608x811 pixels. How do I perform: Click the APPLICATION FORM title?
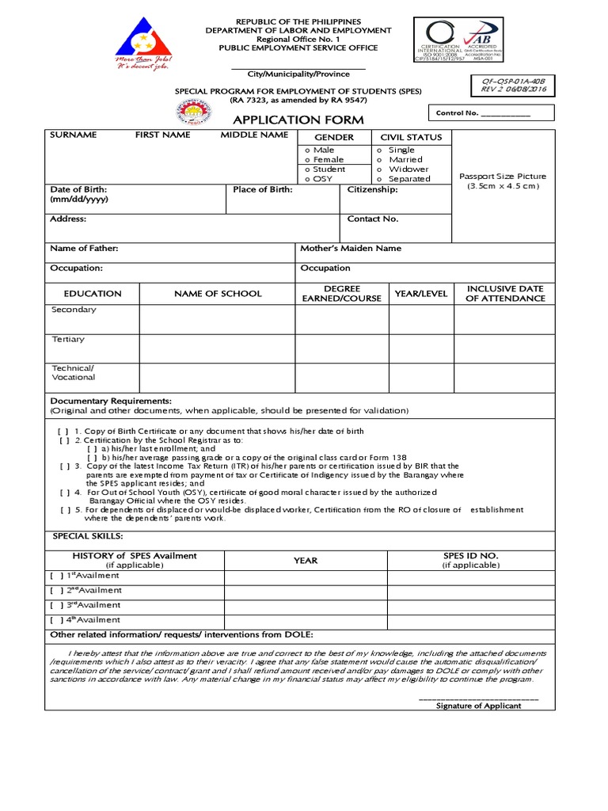(x=297, y=120)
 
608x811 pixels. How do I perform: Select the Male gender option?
(x=320, y=150)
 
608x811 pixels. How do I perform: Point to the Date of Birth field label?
(x=78, y=194)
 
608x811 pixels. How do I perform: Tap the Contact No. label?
(x=373, y=219)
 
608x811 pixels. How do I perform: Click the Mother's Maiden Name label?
(x=351, y=248)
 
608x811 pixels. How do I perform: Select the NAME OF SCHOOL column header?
(x=218, y=293)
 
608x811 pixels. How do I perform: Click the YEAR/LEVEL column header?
(x=421, y=293)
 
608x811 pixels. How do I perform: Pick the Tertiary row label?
(x=68, y=339)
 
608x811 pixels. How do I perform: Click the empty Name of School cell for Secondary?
(x=218, y=319)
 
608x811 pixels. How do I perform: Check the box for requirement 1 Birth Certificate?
(x=63, y=431)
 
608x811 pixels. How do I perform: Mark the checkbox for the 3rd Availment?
(x=56, y=605)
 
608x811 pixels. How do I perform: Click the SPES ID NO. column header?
(x=470, y=560)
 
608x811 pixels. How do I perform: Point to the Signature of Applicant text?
(x=479, y=706)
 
